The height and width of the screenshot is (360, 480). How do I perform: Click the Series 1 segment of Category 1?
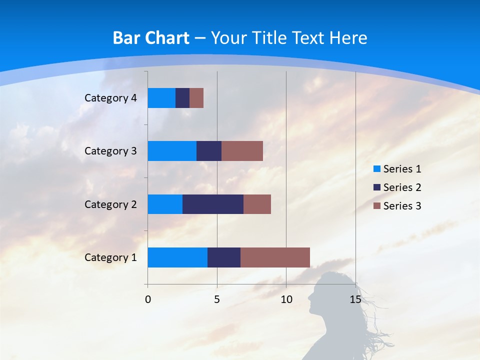pyautogui.click(x=177, y=257)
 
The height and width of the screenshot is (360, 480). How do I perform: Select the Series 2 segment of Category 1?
pyautogui.click(x=224, y=257)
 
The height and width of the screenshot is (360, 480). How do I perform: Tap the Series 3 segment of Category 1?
pyautogui.click(x=275, y=257)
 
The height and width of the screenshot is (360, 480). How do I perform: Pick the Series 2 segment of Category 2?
pyautogui.click(x=213, y=204)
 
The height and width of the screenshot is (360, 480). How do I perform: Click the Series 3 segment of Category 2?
pyautogui.click(x=257, y=204)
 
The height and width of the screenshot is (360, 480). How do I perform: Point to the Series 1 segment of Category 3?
pyautogui.click(x=172, y=151)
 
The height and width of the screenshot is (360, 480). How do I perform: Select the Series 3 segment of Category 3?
pyautogui.click(x=242, y=151)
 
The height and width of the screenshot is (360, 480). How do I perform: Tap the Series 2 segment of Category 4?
pyautogui.click(x=182, y=98)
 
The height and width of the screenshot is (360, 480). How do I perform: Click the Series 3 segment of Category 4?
pyautogui.click(x=196, y=98)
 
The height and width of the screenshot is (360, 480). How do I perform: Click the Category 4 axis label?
pyautogui.click(x=110, y=98)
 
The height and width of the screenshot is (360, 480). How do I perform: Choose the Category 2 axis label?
pyautogui.click(x=110, y=204)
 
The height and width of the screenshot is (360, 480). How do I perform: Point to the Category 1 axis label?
pyautogui.click(x=110, y=257)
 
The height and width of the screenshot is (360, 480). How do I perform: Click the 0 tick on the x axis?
pyautogui.click(x=148, y=299)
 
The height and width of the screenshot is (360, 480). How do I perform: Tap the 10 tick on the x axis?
pyautogui.click(x=286, y=299)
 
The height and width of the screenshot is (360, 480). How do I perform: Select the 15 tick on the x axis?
pyautogui.click(x=355, y=299)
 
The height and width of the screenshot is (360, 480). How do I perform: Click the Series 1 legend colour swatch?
pyautogui.click(x=376, y=169)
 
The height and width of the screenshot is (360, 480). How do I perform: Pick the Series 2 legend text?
pyautogui.click(x=402, y=187)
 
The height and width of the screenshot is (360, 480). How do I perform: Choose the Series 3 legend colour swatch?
pyautogui.click(x=376, y=206)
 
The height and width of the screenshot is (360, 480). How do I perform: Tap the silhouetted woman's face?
pyautogui.click(x=314, y=300)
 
